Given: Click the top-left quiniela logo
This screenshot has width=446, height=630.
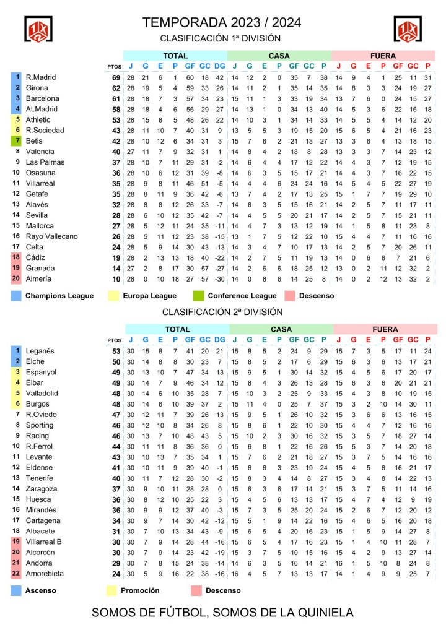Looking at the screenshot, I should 38,28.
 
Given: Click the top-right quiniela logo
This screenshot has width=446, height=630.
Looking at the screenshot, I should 408,28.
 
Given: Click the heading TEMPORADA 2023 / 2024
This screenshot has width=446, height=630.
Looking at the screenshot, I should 222,23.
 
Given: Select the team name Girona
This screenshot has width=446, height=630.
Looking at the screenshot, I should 37,88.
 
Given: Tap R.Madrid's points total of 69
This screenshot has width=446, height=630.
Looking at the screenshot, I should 115,77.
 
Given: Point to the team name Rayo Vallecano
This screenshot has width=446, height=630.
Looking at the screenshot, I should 51,236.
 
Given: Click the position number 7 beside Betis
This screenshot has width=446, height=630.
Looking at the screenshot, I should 17,141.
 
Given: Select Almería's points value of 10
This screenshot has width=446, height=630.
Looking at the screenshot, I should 115,279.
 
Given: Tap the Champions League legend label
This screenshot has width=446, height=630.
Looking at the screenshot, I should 59,296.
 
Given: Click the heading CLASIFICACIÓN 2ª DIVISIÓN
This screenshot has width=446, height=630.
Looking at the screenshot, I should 222,311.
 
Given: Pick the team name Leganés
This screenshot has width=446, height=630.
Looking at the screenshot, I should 40,352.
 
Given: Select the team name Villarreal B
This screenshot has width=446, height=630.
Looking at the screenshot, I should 43,542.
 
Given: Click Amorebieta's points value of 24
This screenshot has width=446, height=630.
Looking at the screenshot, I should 115,574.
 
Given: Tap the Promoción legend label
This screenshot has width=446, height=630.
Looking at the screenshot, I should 140,590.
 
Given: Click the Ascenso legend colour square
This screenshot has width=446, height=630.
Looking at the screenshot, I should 16,590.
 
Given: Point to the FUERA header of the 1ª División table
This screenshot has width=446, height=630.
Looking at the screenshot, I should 383,56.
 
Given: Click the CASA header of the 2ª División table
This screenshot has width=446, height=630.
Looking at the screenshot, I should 280,330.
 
